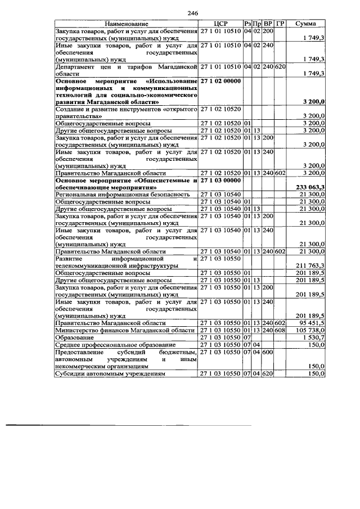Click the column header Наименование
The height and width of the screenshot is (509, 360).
tap(127, 23)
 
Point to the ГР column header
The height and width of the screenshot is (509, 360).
tap(281, 23)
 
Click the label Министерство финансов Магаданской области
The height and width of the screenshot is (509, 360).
tap(124, 330)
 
